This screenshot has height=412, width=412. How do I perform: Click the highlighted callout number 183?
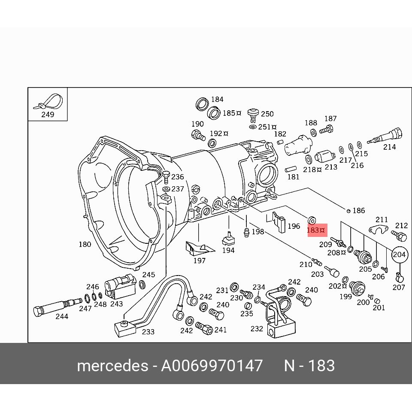[x=313, y=230]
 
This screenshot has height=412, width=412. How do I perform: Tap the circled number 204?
[x=399, y=254]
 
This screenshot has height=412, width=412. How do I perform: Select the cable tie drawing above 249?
[x=48, y=102]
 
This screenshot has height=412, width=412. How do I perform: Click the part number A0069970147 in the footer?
[x=212, y=366]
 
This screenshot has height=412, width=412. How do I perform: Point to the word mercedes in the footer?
[x=112, y=366]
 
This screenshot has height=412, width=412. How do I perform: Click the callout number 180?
[x=85, y=244]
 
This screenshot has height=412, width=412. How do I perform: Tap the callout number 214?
[x=389, y=147]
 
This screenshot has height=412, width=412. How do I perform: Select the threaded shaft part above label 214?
[x=385, y=136]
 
